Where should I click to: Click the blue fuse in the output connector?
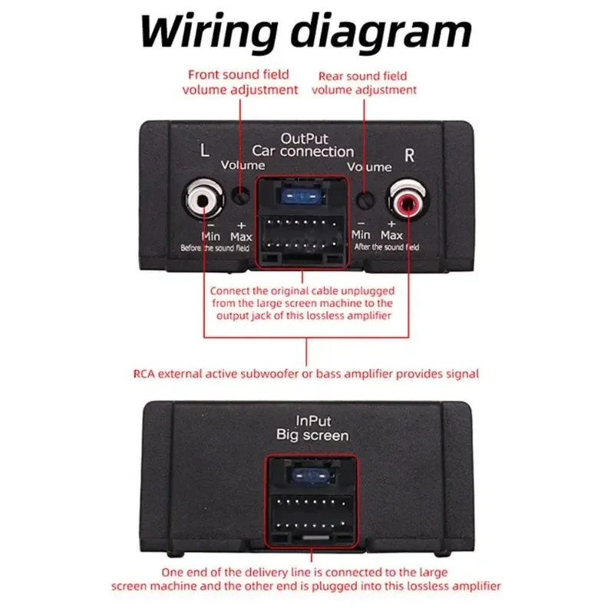pyautogui.click(x=302, y=198)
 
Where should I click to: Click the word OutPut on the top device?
pyautogui.click(x=305, y=139)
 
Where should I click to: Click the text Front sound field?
pyautogui.click(x=239, y=74)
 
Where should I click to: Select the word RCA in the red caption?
pyautogui.click(x=147, y=374)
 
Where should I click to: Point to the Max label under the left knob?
pyautogui.click(x=241, y=236)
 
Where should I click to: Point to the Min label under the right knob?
pyautogui.click(x=361, y=234)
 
